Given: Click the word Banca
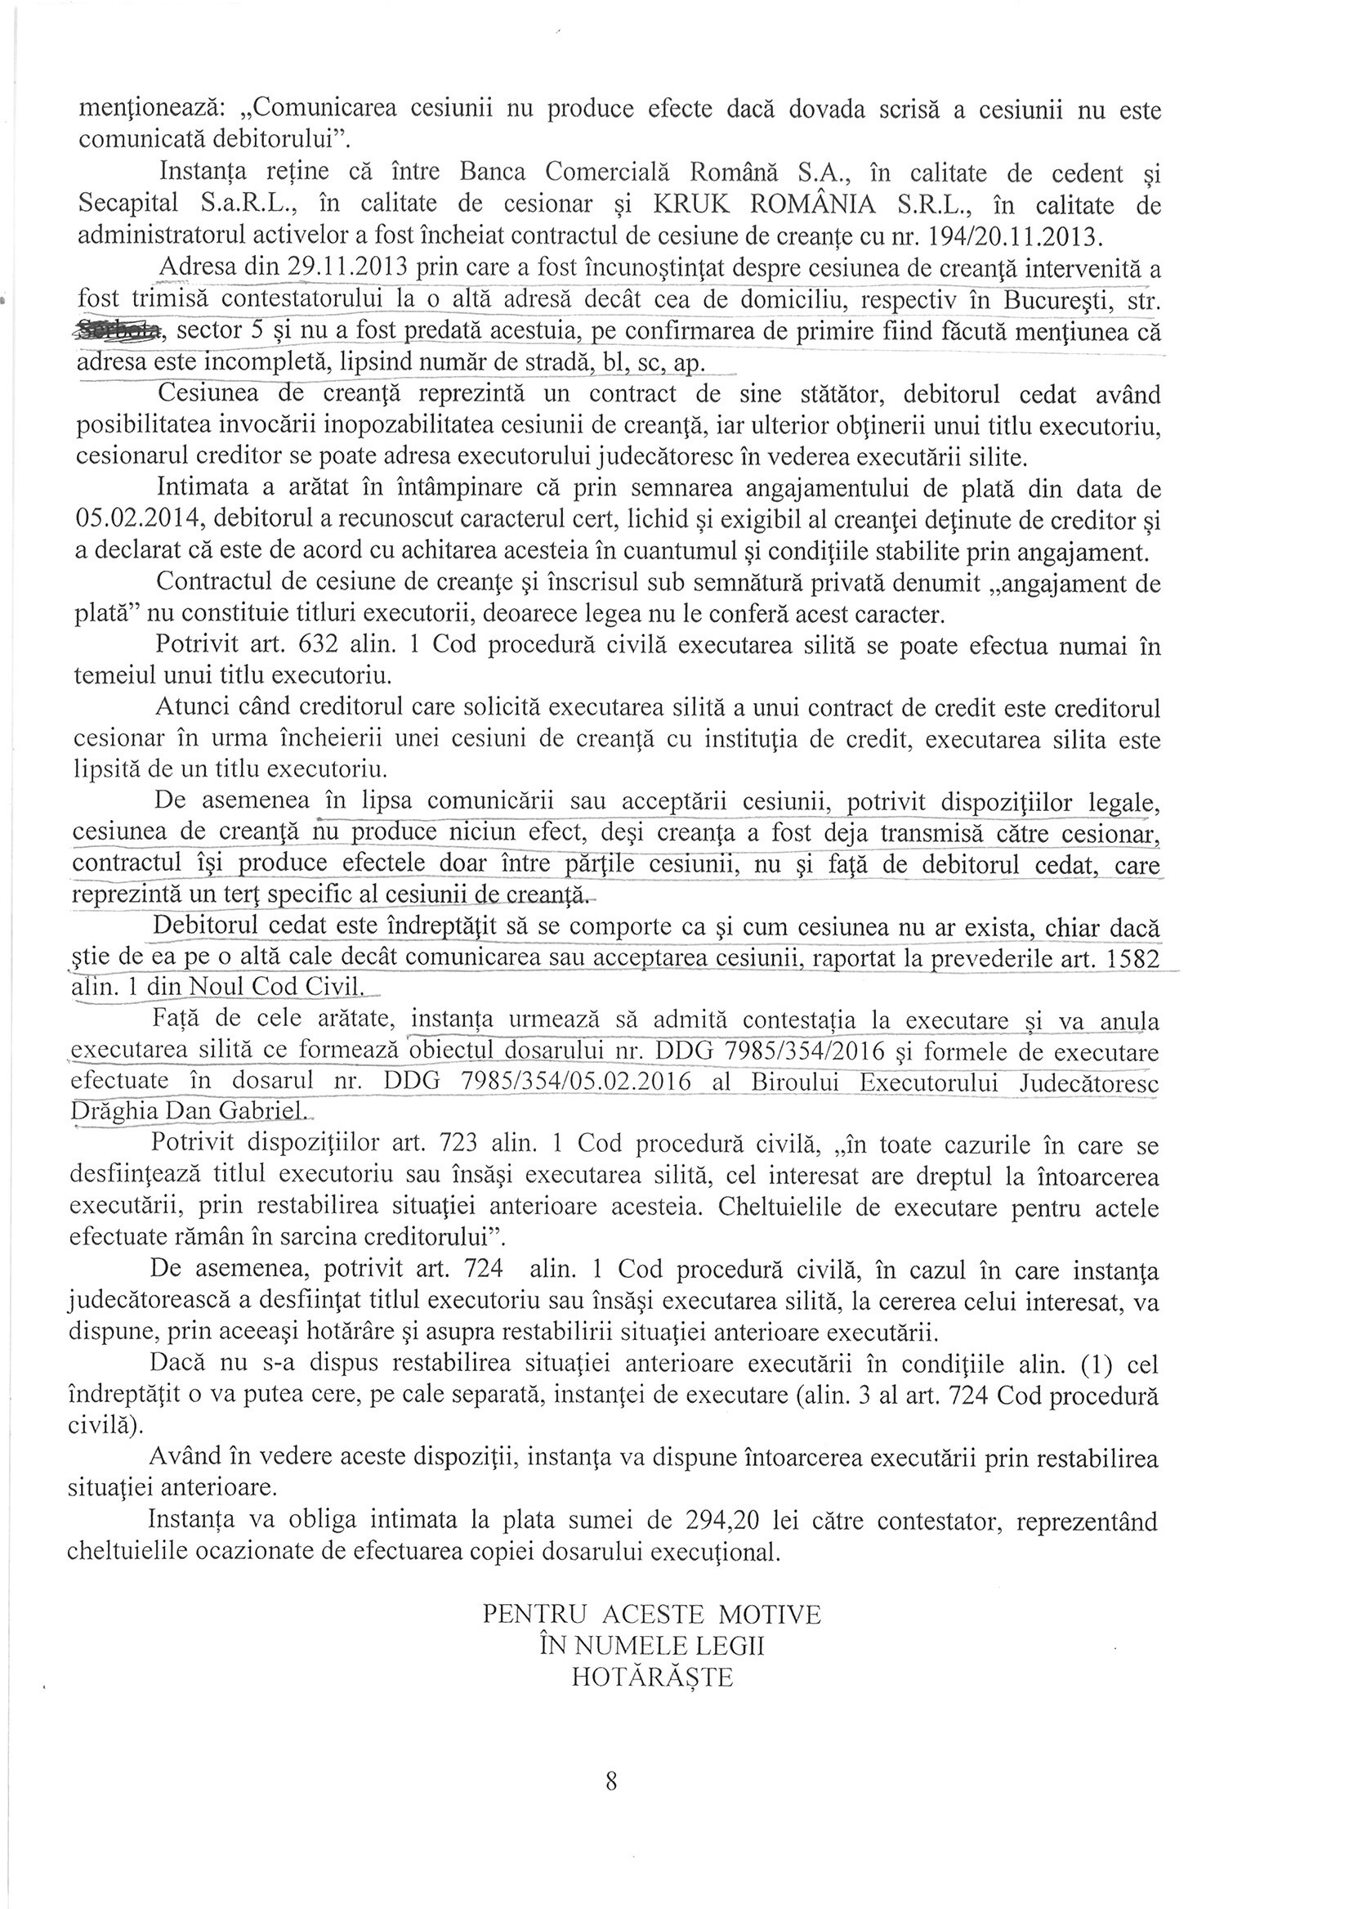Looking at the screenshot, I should click(x=494, y=174).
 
